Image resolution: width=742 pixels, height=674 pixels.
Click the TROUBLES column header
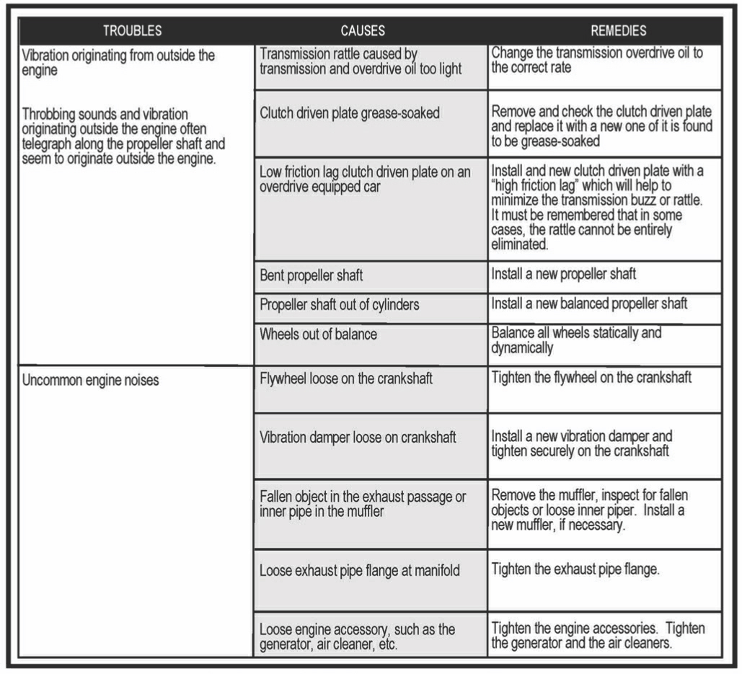(132, 31)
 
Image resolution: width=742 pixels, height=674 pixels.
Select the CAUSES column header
(363, 31)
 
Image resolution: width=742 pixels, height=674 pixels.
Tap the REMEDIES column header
(618, 31)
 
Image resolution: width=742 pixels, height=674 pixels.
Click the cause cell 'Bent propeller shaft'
(312, 275)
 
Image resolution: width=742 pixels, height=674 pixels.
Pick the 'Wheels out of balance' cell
(318, 334)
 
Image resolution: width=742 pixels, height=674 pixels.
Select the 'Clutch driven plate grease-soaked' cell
(350, 113)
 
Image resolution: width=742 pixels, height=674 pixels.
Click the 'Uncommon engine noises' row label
(91, 380)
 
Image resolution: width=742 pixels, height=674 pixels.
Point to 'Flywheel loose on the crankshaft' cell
(346, 378)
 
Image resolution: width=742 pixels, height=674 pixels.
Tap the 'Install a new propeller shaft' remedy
(564, 274)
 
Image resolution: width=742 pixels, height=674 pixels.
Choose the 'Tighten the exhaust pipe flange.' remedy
(575, 569)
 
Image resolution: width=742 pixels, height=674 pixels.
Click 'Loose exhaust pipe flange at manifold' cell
(360, 571)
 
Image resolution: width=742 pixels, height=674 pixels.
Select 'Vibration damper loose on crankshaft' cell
(358, 437)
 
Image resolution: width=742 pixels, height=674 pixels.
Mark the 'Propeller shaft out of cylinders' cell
(339, 304)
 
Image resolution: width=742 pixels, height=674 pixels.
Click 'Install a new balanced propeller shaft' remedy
(589, 303)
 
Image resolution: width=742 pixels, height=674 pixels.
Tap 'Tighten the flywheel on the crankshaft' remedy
(591, 377)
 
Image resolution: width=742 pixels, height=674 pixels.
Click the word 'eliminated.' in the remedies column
(520, 244)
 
